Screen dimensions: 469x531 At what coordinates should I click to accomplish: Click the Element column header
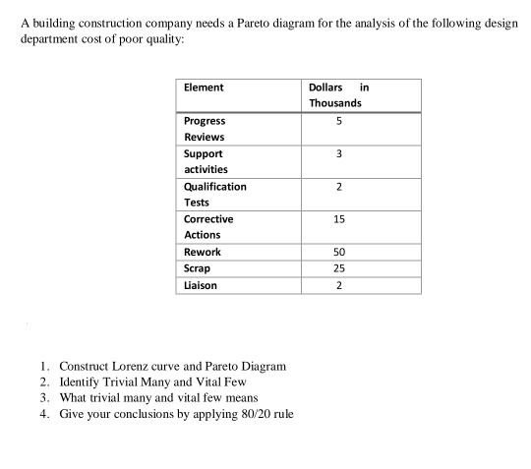point(204,88)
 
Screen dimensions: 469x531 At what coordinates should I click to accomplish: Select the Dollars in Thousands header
point(336,94)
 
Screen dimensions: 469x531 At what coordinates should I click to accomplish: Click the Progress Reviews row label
point(204,129)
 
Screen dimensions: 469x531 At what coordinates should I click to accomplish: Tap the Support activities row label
point(206,161)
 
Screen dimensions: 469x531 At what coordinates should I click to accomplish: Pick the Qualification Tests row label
point(214,194)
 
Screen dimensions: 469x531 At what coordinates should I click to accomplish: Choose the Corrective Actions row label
point(207,226)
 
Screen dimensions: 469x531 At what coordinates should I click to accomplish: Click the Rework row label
point(203,252)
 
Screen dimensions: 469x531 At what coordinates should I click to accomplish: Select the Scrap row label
point(197,268)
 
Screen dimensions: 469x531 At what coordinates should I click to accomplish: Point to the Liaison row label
point(201,285)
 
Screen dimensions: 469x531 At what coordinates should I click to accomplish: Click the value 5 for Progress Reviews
point(337,121)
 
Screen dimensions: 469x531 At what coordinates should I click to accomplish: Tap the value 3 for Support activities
point(337,153)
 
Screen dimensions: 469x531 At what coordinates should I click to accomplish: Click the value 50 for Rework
point(337,252)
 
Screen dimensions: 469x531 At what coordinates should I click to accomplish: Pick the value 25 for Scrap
point(337,268)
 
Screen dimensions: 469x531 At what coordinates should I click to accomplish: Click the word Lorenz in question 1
point(140,366)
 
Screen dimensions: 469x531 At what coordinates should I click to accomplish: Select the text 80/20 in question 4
point(248,413)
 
